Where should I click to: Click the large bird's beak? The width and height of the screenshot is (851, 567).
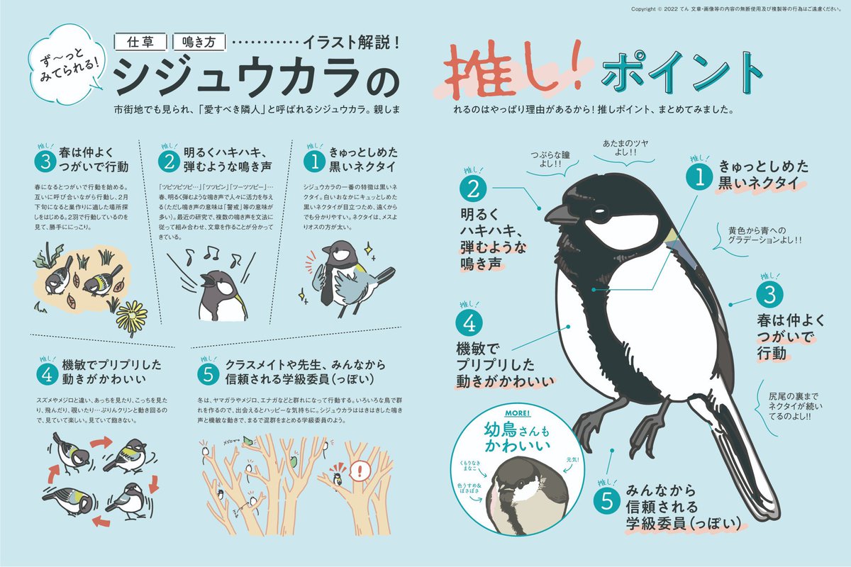[x=560, y=214]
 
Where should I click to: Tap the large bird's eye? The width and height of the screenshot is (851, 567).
[x=599, y=210]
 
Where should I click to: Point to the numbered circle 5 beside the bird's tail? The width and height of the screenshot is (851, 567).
[x=607, y=500]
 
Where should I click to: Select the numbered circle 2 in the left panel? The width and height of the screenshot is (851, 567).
[x=168, y=161]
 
